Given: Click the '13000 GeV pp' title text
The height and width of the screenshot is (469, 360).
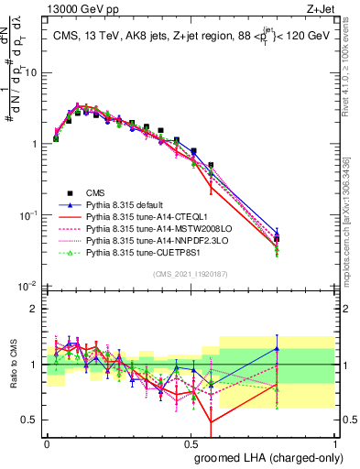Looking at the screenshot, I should [x=78, y=8].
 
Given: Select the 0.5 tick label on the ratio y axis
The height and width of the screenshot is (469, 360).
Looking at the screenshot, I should [x=32, y=420].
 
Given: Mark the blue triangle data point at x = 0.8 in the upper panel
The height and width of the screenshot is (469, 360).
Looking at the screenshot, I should [x=278, y=234].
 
